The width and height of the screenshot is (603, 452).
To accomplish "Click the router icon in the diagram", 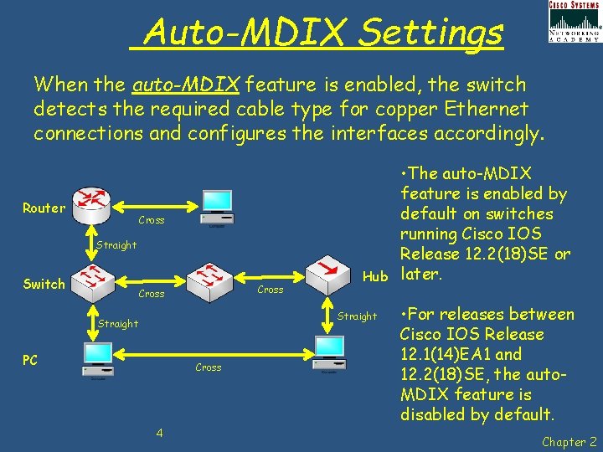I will click(x=90, y=201).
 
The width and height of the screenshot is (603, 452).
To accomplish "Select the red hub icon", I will click(x=326, y=270).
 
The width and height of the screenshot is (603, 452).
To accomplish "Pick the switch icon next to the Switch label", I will click(x=94, y=279).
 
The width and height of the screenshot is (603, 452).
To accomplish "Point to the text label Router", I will click(x=44, y=208).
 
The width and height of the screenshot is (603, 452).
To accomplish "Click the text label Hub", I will click(x=375, y=276).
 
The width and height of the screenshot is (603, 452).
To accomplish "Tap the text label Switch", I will click(x=44, y=285).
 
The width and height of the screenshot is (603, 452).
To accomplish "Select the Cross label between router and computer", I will click(x=151, y=220).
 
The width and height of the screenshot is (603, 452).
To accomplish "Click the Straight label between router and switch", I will click(x=116, y=245).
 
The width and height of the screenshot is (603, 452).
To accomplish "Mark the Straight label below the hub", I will click(x=358, y=316).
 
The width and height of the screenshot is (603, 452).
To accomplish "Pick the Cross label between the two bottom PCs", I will click(x=208, y=367).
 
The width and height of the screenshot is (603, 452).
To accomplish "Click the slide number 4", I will click(x=158, y=433).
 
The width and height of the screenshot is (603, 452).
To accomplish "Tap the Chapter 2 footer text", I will click(x=569, y=442).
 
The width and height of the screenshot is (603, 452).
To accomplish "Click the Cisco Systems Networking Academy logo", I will click(x=574, y=21).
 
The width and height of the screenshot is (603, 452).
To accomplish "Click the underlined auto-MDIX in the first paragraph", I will click(x=187, y=85).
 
